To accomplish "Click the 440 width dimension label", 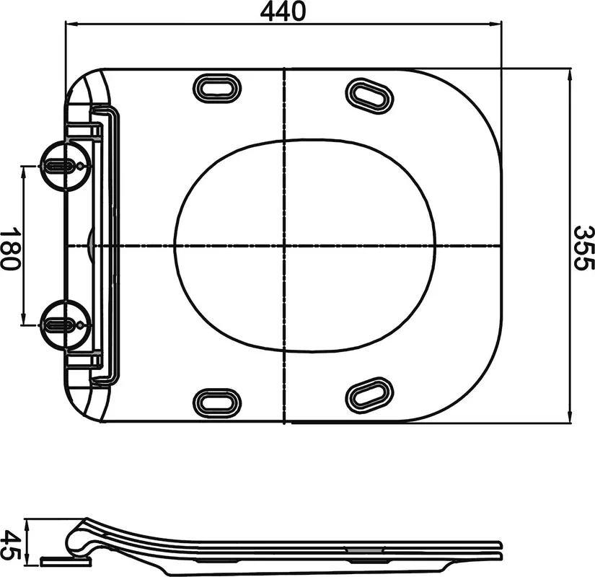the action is [x=283, y=12].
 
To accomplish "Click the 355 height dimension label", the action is [x=583, y=247].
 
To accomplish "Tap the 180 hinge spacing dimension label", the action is [x=10, y=249].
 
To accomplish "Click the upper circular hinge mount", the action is [x=65, y=165].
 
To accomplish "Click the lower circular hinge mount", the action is [x=65, y=325].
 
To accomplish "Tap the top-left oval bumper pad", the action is [x=217, y=89].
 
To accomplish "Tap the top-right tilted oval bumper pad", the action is [x=369, y=96].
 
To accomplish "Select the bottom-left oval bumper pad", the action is [x=217, y=402].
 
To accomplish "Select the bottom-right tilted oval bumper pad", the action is [x=369, y=396].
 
